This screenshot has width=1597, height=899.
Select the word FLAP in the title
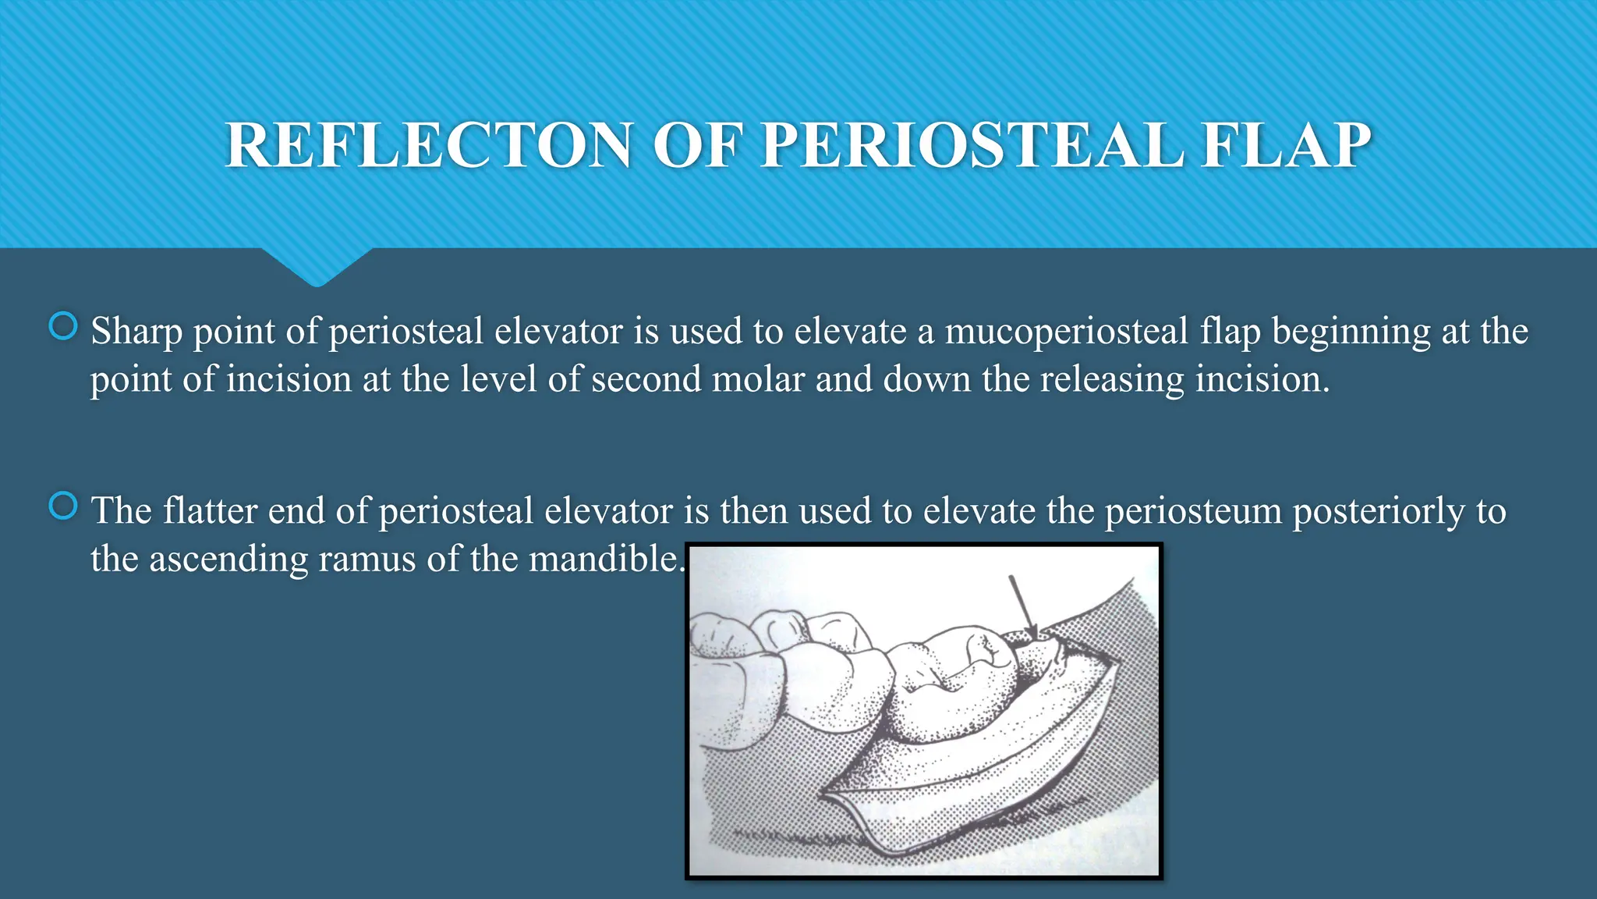[x=1286, y=146]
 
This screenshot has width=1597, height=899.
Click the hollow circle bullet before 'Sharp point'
[x=63, y=326]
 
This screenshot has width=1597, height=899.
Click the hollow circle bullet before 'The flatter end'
[x=63, y=506]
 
